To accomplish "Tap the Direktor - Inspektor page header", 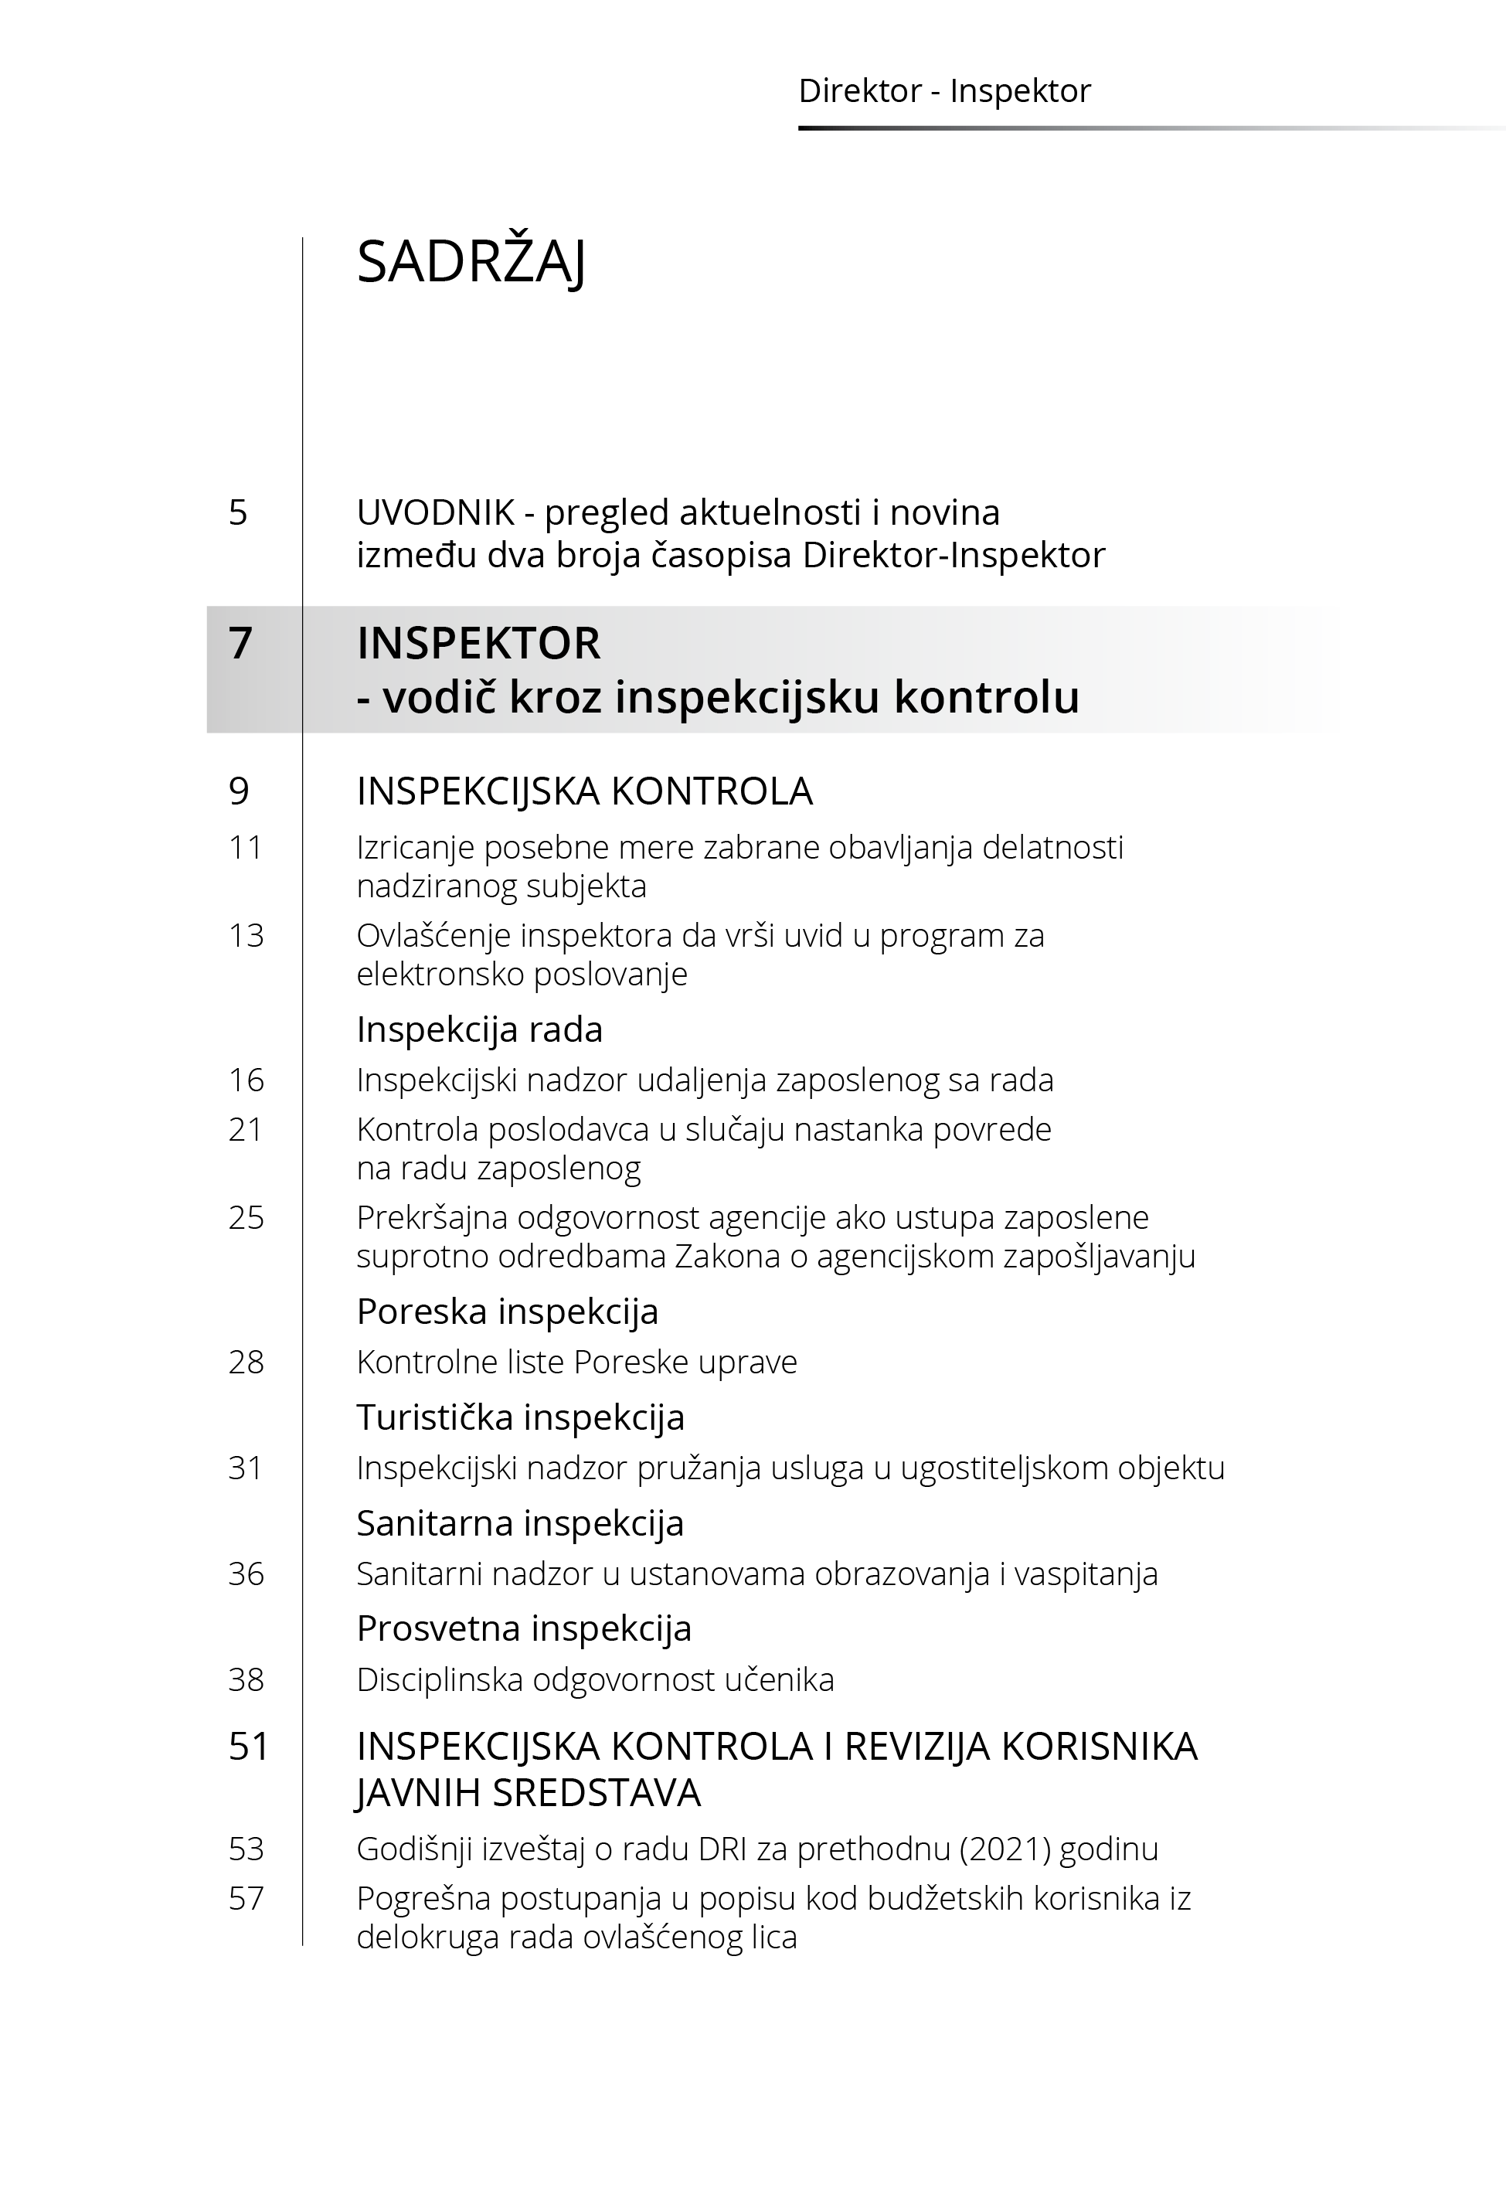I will tap(943, 91).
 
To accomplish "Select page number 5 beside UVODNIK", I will tap(238, 512).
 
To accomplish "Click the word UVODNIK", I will tap(436, 512).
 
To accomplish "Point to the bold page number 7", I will tap(240, 644).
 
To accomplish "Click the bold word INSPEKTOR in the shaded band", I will tap(478, 644).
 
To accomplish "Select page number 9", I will tap(239, 791).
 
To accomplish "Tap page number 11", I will tap(246, 847).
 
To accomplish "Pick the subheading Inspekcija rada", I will tap(479, 1029).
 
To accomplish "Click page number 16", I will tap(246, 1080).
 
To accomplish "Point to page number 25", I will tap(246, 1217).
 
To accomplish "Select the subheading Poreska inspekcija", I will tap(508, 1312).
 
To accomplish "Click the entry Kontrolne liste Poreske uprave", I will tap(576, 1362).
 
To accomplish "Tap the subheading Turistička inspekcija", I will tap(520, 1417).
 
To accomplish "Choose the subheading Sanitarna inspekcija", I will tap(520, 1523).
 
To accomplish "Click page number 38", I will tap(246, 1679).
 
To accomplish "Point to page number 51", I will tap(249, 1747).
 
